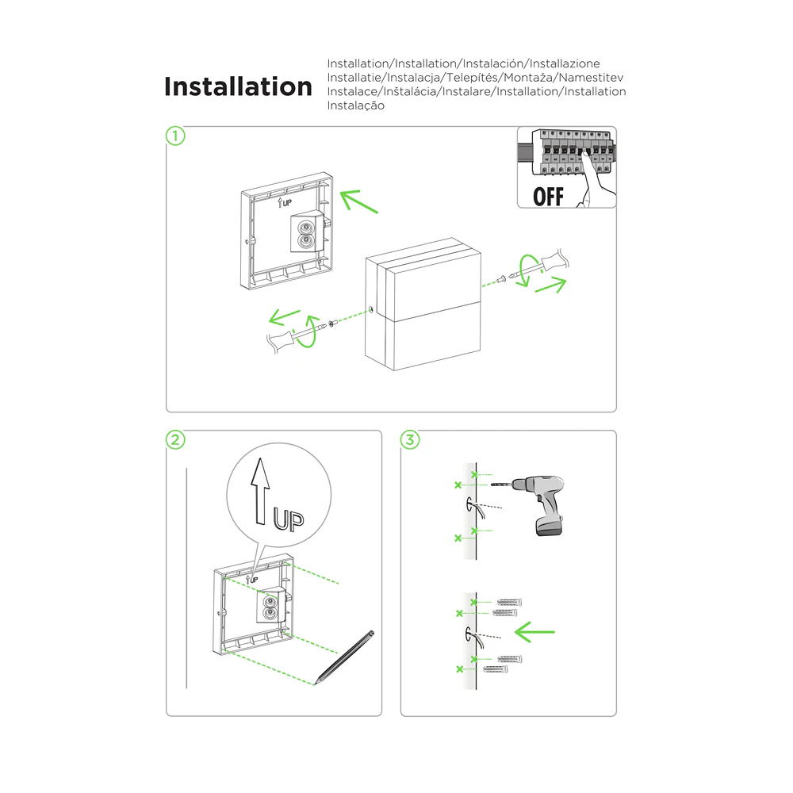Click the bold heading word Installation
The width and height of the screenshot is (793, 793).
point(238,86)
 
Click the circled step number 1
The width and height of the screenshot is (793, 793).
point(175,136)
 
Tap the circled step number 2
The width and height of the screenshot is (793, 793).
point(175,439)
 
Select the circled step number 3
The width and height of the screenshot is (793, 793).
point(409,439)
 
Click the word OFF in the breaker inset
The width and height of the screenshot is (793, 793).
point(548,195)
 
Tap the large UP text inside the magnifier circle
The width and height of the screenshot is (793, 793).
point(288,520)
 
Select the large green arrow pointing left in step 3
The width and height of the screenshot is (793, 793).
point(535,632)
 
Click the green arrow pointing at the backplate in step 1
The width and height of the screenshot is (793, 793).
point(359,201)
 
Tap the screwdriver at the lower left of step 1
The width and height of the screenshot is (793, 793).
point(292,337)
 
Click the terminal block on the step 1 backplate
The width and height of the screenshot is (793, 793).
point(306,232)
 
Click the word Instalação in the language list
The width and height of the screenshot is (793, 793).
point(356,105)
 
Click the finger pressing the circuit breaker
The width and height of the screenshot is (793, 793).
point(591,175)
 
